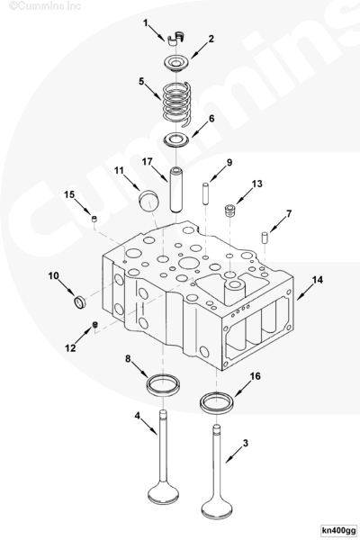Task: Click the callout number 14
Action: [x=318, y=280]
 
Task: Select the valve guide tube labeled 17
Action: [x=177, y=189]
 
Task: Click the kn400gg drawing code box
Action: [x=338, y=529]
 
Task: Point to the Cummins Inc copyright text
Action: [x=45, y=6]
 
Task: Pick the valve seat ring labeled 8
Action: [x=163, y=384]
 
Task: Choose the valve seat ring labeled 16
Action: [x=217, y=403]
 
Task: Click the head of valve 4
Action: [x=163, y=492]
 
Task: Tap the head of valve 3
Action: [x=217, y=509]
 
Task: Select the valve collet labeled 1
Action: [x=176, y=38]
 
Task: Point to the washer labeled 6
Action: [x=176, y=140]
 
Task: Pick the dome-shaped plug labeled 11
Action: [x=149, y=201]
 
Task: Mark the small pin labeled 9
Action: [x=205, y=193]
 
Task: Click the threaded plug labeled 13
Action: [x=229, y=211]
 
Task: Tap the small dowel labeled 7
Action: [x=265, y=238]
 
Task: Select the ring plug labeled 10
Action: [x=80, y=301]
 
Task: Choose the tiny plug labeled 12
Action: [x=95, y=324]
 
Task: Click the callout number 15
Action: [x=69, y=194]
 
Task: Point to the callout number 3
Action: [x=246, y=443]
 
